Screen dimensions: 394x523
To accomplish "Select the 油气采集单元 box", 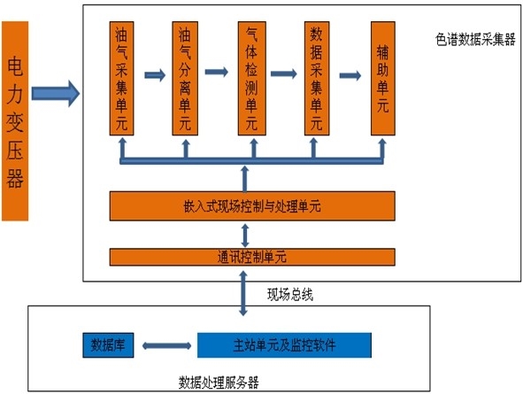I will point(121,78).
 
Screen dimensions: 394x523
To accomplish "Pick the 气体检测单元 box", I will point(251,78).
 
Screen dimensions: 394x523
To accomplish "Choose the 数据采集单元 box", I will point(317,78).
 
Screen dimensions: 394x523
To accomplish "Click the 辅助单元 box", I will point(382,78).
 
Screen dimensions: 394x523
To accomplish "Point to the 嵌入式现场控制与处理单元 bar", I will point(251,205).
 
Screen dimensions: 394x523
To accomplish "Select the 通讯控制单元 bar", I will point(251,258).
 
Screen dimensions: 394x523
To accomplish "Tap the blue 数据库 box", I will point(106,344).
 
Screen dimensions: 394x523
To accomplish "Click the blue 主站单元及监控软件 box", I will point(283,344).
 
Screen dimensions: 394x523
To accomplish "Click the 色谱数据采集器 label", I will point(475,40).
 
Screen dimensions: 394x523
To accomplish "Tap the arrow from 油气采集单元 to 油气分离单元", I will point(154,74).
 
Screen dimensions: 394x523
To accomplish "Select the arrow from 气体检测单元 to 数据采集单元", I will point(284,74).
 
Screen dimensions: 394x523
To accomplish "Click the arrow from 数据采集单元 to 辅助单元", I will point(350,74).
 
